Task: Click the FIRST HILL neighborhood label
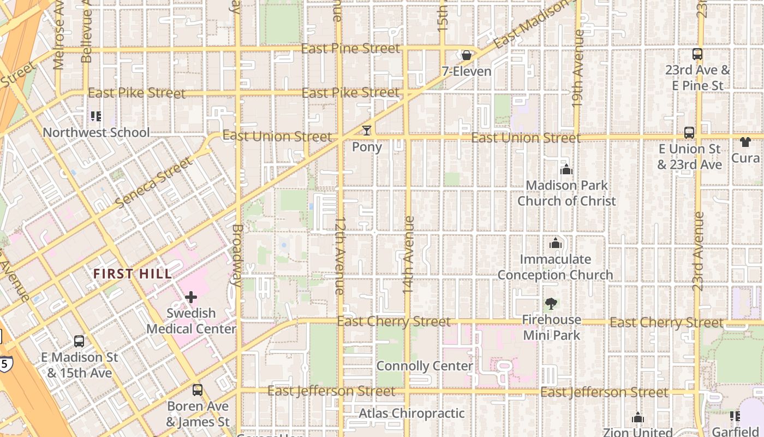(x=132, y=274)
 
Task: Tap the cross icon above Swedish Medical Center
(x=191, y=297)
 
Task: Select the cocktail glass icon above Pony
(x=367, y=131)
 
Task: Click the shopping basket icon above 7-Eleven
(x=467, y=55)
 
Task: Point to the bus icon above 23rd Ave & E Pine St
(x=697, y=54)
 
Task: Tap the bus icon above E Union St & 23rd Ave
(x=689, y=133)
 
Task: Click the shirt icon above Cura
(x=745, y=142)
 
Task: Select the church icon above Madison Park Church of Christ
(x=566, y=170)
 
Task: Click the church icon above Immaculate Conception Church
(x=556, y=243)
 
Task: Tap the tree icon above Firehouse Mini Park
(x=551, y=304)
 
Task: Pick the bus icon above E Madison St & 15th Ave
(x=79, y=341)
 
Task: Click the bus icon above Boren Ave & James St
(x=198, y=390)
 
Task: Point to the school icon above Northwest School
(x=96, y=116)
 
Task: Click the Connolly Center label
(x=425, y=366)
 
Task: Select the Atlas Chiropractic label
(x=411, y=414)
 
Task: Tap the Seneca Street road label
(x=154, y=182)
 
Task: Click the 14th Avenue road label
(x=409, y=255)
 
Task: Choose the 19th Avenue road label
(x=578, y=68)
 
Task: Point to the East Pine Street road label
(x=350, y=49)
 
